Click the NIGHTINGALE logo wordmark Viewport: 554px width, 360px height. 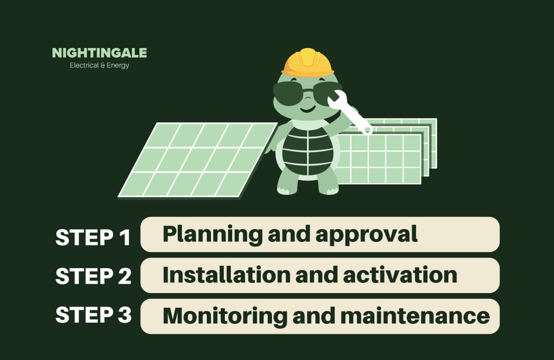coord(99,53)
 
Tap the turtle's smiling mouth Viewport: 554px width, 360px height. coord(307,109)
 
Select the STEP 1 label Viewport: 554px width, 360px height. coord(93,237)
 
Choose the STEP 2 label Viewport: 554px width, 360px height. coord(93,276)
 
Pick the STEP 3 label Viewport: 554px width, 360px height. coord(93,315)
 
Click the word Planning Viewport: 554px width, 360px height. coord(212,234)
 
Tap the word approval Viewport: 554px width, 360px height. coord(367,235)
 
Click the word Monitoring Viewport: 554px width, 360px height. coord(225,317)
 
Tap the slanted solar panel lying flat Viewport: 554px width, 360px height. coord(198,160)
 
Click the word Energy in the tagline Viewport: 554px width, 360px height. coord(118,66)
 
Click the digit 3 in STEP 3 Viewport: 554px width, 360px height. coord(124,315)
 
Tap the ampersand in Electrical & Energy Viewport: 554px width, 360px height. coord(103,66)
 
